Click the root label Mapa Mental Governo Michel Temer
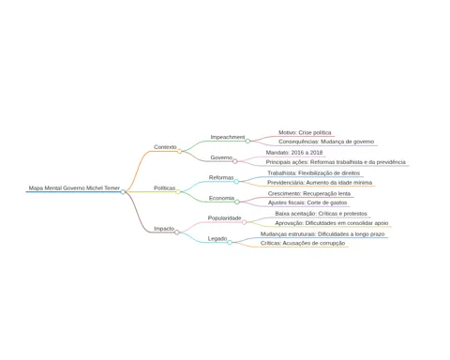point(74,188)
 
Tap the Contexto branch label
point(165,147)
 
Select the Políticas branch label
point(164,188)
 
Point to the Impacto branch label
point(164,229)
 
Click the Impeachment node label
point(228,137)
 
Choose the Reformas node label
point(221,178)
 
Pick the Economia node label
point(221,198)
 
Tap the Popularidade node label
point(224,218)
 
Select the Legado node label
point(217,239)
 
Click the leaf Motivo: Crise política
point(305,132)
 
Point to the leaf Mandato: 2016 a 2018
point(294,153)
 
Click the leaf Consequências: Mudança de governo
point(326,142)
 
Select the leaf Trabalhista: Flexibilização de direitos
point(313,173)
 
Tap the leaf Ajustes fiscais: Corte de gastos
point(307,202)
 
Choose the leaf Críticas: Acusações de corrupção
point(303,243)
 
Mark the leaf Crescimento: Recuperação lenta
point(309,194)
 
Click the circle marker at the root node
point(123,192)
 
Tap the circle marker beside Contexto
point(179,151)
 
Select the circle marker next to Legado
point(230,243)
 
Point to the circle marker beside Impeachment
point(247,141)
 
